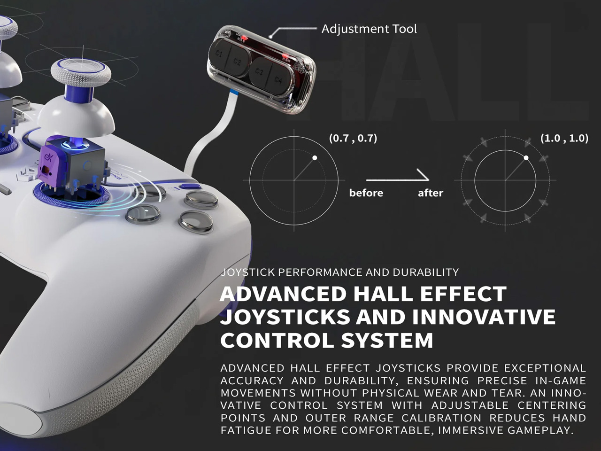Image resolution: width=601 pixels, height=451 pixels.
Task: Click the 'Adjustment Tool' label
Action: (369, 29)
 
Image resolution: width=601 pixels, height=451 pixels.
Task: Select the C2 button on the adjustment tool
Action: (237, 62)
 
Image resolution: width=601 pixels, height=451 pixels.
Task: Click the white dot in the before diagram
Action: (315, 158)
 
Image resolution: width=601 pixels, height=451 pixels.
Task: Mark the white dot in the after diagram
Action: (526, 158)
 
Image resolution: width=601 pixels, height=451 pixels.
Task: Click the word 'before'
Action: (366, 193)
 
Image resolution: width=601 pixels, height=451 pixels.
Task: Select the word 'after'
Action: (431, 193)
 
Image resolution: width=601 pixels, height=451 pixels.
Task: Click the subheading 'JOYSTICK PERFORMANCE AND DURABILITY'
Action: (339, 272)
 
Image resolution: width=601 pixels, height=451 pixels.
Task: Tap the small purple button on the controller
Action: (192, 186)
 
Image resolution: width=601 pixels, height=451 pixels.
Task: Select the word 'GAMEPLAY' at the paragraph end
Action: (540, 430)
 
